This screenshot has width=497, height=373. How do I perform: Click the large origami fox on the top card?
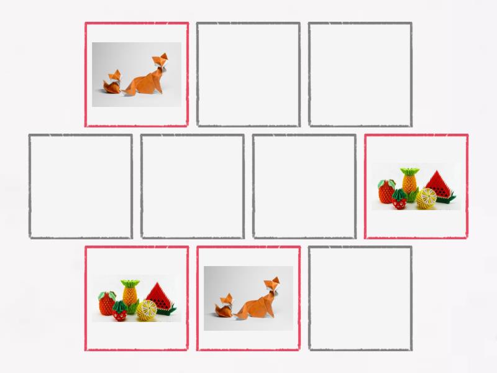pos(149,78)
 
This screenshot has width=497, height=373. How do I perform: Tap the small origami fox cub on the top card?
pos(112,84)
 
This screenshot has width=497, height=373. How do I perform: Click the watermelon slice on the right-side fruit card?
pos(440,185)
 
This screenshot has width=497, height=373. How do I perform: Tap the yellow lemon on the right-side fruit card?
pos(426,198)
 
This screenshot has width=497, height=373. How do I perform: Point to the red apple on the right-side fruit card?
pos(387,190)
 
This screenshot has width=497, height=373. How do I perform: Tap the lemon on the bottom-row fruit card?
pos(147,310)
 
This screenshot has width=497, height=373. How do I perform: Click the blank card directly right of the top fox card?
pos(248,75)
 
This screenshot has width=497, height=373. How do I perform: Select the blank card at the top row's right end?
pos(360,75)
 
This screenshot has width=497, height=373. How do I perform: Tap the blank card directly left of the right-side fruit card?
pos(304,186)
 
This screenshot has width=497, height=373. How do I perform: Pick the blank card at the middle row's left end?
pos(81,186)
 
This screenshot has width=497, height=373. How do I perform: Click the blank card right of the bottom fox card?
pos(360,298)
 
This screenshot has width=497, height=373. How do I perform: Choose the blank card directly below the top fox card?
pos(193,186)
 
